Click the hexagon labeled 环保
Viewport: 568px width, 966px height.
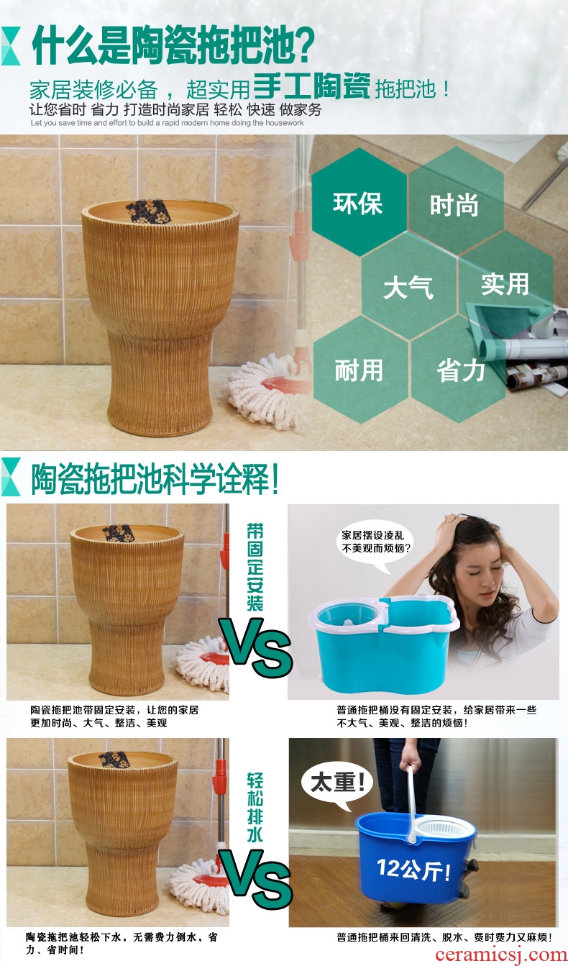(359, 202)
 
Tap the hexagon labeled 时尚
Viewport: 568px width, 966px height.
(456, 201)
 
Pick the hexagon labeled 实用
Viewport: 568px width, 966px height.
(505, 284)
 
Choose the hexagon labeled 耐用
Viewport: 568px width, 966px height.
(360, 370)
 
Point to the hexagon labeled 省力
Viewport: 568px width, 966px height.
(459, 369)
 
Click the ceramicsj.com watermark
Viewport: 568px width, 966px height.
(500, 954)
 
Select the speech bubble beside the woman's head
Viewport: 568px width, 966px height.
(375, 544)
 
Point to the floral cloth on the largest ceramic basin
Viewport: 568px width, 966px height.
(148, 211)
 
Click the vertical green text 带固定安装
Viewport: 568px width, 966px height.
(255, 568)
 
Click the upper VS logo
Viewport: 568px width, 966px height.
(256, 647)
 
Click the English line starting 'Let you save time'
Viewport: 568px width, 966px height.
(167, 123)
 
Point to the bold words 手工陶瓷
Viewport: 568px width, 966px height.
(312, 86)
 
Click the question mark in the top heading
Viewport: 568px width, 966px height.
(305, 45)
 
